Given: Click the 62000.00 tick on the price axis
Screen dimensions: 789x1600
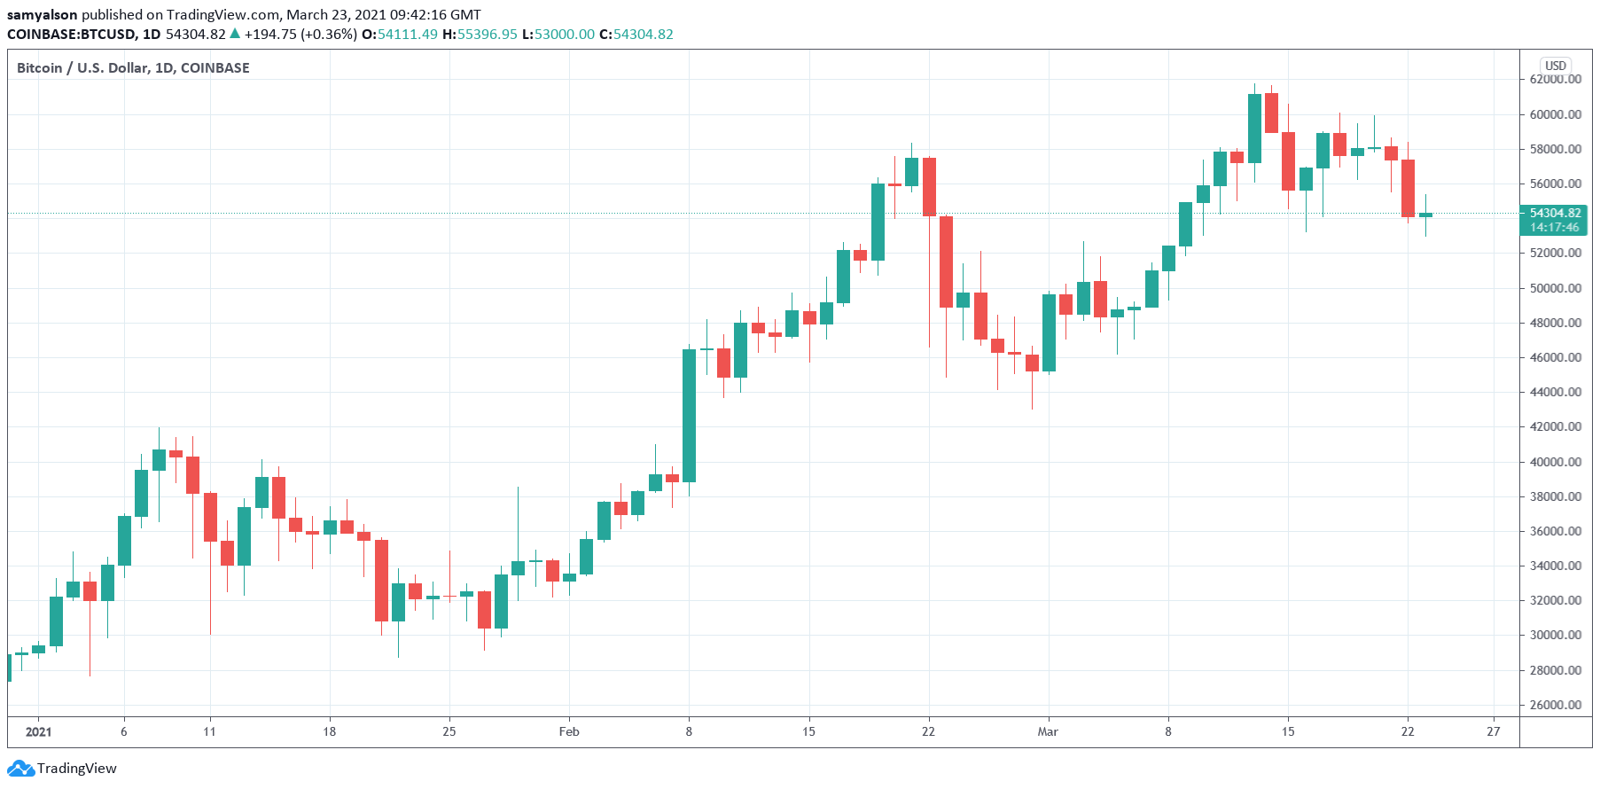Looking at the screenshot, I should pos(1555,80).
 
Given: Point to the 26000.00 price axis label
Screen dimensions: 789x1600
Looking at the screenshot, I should pos(1555,705).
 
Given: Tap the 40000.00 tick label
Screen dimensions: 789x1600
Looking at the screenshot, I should pos(1555,462).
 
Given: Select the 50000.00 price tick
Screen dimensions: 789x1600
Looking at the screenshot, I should pos(1555,288).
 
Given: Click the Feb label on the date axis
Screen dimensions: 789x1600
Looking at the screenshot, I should pos(569,731).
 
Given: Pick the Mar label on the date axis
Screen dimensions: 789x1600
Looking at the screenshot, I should pos(1048,731).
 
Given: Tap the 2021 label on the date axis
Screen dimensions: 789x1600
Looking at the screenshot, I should pos(38,731).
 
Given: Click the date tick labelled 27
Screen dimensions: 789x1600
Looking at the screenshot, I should pos(1494,731).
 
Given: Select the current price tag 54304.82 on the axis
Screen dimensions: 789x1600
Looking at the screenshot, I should pos(1555,213).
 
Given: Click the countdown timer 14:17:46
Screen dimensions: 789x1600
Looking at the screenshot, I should pos(1555,227).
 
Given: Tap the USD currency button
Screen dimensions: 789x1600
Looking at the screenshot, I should pos(1556,66).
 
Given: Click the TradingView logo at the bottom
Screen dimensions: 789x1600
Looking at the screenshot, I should pos(64,768).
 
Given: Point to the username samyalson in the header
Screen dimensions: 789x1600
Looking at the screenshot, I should pos(43,14).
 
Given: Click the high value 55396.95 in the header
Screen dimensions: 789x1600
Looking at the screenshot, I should pos(487,34).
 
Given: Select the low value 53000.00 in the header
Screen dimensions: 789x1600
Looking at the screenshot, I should pos(564,34).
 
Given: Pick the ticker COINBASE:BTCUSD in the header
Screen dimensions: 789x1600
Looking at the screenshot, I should pos(71,34).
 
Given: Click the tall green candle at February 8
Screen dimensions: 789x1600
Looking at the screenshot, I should pos(689,416).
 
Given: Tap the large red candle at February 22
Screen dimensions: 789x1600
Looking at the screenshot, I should pos(929,187).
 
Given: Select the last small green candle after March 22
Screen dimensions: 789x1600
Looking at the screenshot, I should pos(1425,215).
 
